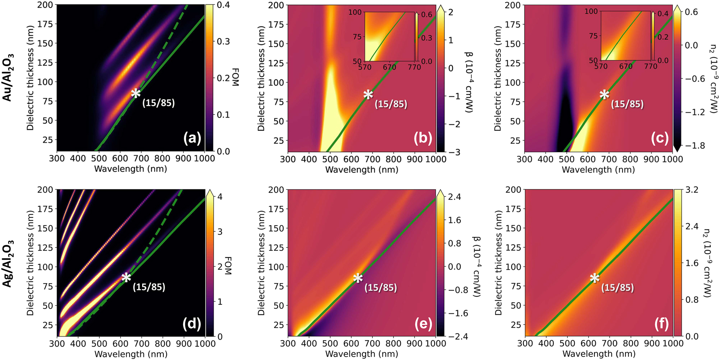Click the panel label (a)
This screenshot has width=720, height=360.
(x=192, y=138)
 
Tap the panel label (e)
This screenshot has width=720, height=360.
(x=423, y=324)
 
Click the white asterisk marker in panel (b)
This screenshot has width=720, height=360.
(x=368, y=95)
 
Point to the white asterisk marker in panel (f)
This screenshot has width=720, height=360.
(x=594, y=278)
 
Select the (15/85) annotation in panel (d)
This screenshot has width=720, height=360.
(x=149, y=287)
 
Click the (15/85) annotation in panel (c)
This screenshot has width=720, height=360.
(x=627, y=104)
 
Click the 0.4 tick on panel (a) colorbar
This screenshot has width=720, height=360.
(x=223, y=5)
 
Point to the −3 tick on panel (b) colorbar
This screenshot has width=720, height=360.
(x=454, y=152)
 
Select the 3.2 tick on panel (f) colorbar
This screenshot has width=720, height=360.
(x=692, y=190)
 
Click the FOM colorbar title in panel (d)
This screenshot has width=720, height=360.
(x=228, y=266)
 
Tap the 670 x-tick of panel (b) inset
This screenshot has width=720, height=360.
(x=389, y=67)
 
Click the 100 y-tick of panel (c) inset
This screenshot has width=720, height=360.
(x=591, y=12)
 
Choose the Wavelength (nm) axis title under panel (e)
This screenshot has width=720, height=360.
(x=362, y=354)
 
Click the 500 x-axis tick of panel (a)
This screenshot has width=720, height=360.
(x=99, y=159)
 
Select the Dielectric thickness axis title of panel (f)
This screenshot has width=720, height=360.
(x=498, y=263)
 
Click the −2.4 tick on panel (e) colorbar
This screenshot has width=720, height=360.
(x=458, y=337)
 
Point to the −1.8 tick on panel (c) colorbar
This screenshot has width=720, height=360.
(x=695, y=145)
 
